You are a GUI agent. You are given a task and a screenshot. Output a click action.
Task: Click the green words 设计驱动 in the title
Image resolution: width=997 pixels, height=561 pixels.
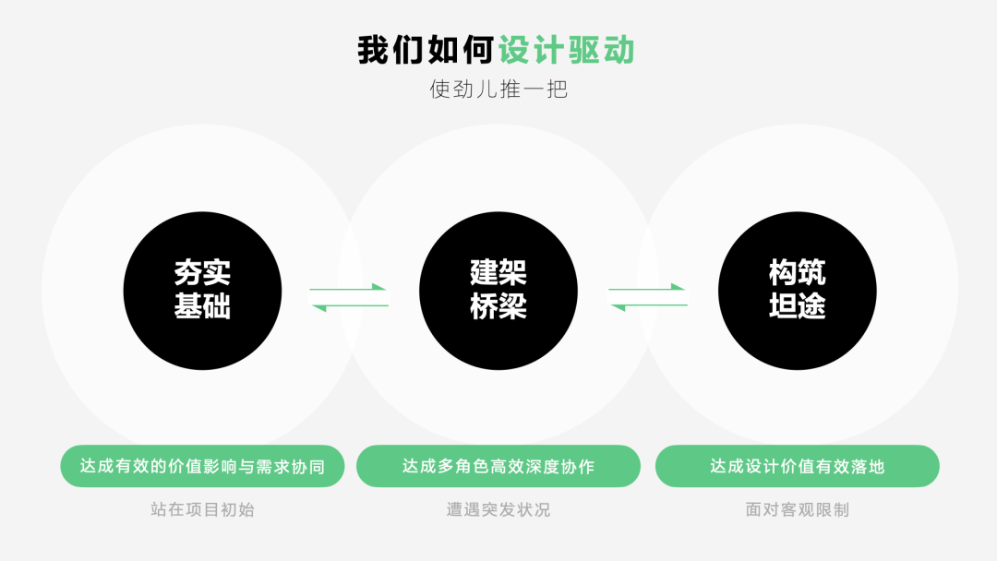tap(567, 50)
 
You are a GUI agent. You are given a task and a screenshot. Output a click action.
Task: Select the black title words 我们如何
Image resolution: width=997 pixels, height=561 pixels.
tap(426, 50)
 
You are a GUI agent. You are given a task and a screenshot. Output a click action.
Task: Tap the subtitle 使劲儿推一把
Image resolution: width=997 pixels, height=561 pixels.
tap(498, 90)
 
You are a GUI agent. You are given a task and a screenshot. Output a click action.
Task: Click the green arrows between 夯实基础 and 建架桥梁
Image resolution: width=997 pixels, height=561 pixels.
tap(349, 297)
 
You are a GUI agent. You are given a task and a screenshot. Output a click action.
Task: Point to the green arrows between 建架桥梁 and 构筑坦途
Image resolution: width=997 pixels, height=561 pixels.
tap(648, 297)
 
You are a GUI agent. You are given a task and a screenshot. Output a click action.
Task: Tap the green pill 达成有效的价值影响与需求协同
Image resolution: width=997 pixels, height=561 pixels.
tap(202, 466)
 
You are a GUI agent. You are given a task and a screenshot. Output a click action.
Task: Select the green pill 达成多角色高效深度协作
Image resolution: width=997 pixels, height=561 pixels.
tap(498, 466)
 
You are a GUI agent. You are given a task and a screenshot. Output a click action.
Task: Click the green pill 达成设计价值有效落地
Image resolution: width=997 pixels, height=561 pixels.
tap(798, 466)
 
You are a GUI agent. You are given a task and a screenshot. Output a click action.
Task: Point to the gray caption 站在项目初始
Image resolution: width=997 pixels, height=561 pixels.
tap(202, 509)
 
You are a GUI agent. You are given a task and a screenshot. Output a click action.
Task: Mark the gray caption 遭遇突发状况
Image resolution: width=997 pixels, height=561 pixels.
tap(498, 509)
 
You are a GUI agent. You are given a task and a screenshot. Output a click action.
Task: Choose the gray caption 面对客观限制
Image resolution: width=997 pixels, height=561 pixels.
tap(798, 509)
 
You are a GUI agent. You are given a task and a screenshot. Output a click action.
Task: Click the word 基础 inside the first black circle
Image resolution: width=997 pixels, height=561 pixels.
tap(202, 306)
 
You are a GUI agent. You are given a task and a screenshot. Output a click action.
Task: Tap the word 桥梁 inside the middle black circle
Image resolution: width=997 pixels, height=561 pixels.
tap(498, 306)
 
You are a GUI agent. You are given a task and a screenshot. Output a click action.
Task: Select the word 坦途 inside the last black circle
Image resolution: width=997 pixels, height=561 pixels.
tap(798, 306)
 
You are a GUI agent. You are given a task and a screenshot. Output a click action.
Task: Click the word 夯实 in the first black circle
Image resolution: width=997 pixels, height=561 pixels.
tap(202, 272)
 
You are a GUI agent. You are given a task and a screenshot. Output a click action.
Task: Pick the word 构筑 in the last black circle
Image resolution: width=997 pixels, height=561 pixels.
tap(798, 272)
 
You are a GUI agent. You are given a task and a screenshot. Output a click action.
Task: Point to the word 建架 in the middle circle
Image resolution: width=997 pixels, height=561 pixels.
tap(498, 272)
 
